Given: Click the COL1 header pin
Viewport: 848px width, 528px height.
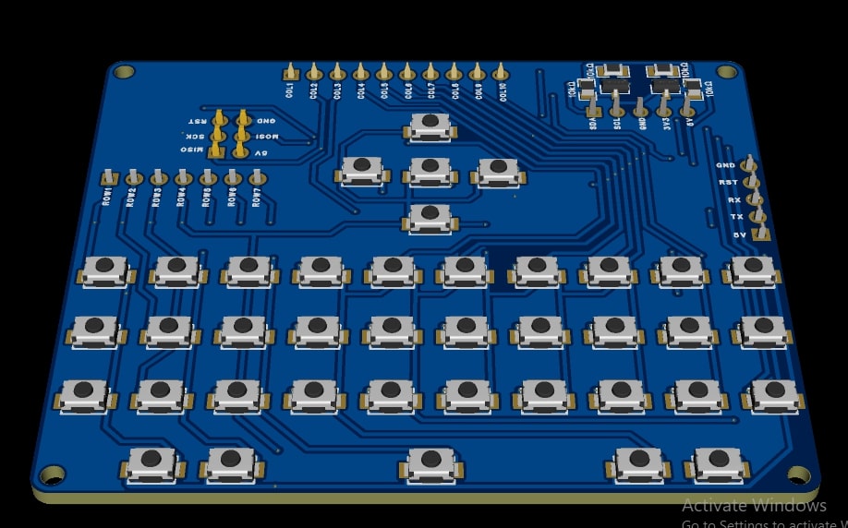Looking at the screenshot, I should tap(290, 73).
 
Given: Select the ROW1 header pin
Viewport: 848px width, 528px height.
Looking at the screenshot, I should tap(109, 177).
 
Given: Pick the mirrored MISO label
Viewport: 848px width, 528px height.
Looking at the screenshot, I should tap(192, 150).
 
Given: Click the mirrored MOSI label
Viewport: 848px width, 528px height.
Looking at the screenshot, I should tap(267, 136).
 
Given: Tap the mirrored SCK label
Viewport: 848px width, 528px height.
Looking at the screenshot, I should tap(196, 136).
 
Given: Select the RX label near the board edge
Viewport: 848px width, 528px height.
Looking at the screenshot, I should tap(733, 199).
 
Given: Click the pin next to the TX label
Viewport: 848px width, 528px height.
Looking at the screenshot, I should tap(758, 217).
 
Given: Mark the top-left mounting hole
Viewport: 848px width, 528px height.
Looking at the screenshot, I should tap(124, 71).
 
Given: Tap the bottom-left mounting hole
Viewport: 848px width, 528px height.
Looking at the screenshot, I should tap(53, 475).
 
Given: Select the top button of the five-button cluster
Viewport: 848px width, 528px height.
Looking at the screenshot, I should tap(430, 126).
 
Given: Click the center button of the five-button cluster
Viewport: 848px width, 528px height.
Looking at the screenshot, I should tap(430, 170).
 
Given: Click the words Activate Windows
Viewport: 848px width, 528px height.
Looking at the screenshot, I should tap(754, 506).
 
